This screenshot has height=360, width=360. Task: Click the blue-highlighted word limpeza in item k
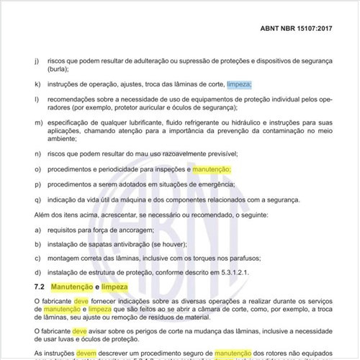tap(239, 84)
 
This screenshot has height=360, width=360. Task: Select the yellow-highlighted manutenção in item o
tap(212, 168)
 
